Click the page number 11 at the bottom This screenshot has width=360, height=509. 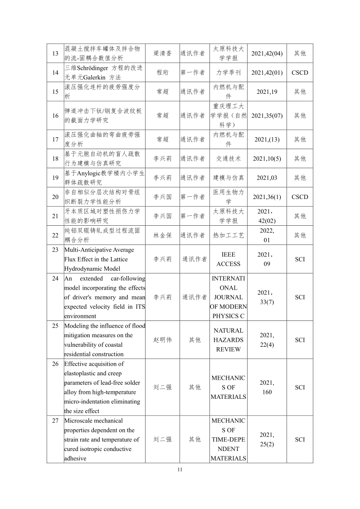click(x=180, y=470)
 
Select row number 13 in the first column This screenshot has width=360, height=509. click(x=55, y=53)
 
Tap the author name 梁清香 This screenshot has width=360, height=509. click(x=162, y=53)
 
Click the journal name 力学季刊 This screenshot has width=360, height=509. click(x=229, y=73)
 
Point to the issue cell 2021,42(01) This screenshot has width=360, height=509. click(x=267, y=73)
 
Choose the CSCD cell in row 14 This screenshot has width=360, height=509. click(x=300, y=73)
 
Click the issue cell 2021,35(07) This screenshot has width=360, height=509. click(x=267, y=116)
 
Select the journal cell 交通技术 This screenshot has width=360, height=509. click(x=229, y=159)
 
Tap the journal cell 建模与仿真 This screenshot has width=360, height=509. click(x=229, y=178)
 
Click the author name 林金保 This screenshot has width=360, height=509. click(x=162, y=235)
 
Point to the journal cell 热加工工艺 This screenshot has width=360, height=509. click(x=229, y=235)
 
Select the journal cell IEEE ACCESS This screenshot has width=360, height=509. click(x=229, y=259)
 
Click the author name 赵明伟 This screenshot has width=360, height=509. click(x=162, y=340)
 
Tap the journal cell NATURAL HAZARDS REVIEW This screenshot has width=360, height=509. click(x=229, y=340)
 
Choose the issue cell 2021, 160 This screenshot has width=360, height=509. click(x=267, y=388)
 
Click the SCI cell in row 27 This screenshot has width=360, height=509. click(x=300, y=440)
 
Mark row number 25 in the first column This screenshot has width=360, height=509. click(x=55, y=326)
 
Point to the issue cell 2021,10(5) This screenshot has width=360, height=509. click(x=267, y=159)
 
